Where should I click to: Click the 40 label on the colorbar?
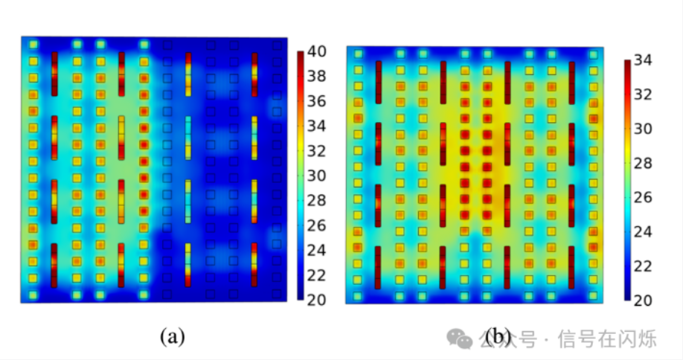point(317,51)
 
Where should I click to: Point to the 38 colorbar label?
point(317,76)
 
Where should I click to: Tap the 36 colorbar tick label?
point(317,101)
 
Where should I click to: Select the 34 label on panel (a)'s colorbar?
point(317,126)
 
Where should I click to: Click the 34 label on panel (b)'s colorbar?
point(643,60)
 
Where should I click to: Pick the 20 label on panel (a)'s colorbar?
point(317,300)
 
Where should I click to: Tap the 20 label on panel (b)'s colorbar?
point(643,300)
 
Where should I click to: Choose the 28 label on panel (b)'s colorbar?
point(643,163)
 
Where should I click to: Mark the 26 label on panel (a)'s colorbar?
point(317,225)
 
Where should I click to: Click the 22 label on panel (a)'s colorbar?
point(317,275)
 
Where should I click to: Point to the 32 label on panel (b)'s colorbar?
point(643,94)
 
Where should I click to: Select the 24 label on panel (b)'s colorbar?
point(643,231)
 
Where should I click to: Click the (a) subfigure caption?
point(173,336)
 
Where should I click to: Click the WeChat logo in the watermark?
point(459,339)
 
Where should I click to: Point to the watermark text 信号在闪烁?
point(607,339)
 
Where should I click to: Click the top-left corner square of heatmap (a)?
point(33,45)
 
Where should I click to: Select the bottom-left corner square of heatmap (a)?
point(33,295)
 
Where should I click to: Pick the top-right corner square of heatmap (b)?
point(593,54)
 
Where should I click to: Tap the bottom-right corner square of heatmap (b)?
point(593,296)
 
